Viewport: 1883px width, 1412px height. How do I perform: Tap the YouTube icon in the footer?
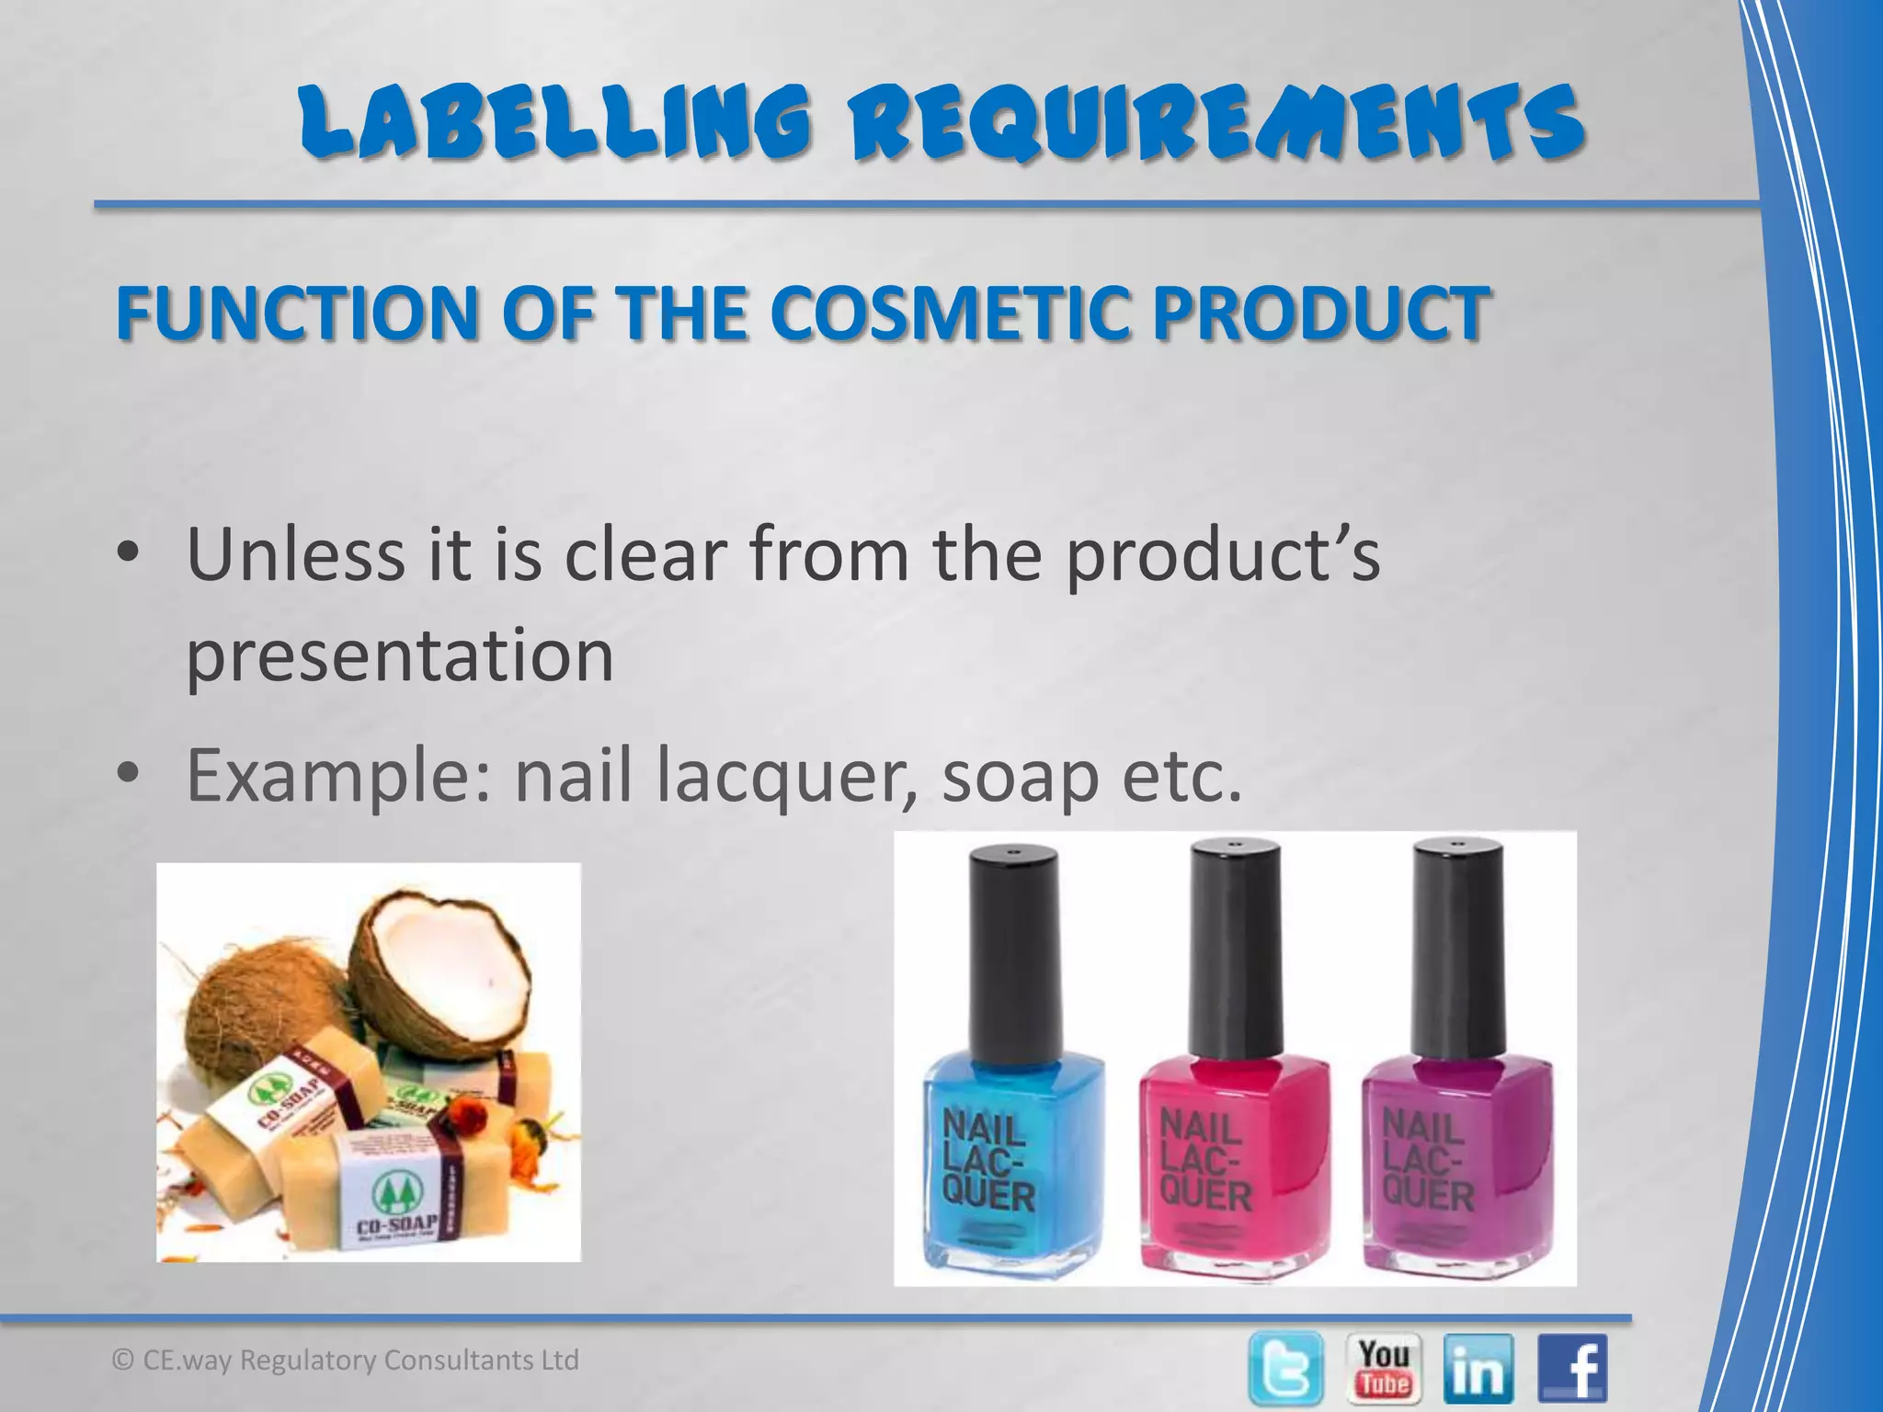(x=1384, y=1368)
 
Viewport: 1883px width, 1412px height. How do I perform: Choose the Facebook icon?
(x=1574, y=1368)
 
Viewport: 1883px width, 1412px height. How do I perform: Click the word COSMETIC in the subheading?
(x=951, y=312)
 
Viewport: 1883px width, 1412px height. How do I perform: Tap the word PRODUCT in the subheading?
(x=1320, y=312)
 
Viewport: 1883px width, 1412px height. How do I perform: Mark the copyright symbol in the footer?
(x=123, y=1360)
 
